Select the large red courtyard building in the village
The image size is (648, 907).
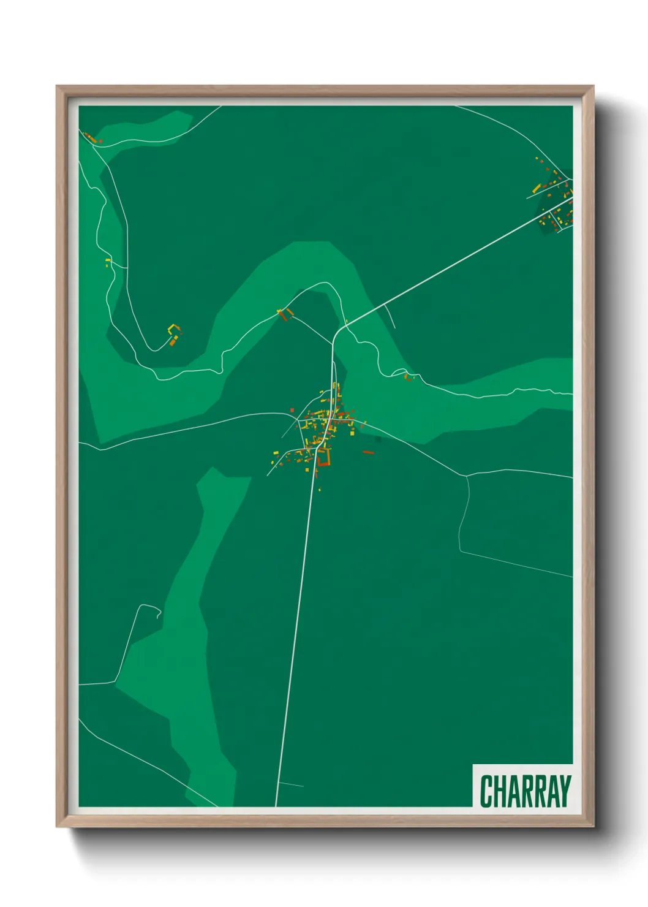[x=323, y=457]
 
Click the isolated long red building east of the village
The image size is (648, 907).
[x=368, y=452]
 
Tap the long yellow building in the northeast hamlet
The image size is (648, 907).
[x=537, y=188]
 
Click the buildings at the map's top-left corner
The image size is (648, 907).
[x=92, y=138]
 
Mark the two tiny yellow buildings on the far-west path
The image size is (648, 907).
[x=108, y=263]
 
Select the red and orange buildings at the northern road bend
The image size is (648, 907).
[x=285, y=314]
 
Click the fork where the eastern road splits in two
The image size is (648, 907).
[x=466, y=476]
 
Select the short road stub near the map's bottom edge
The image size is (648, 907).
[x=291, y=784]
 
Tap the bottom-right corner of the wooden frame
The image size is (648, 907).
[x=592, y=825]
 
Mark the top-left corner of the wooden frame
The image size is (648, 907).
[x=58, y=87]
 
